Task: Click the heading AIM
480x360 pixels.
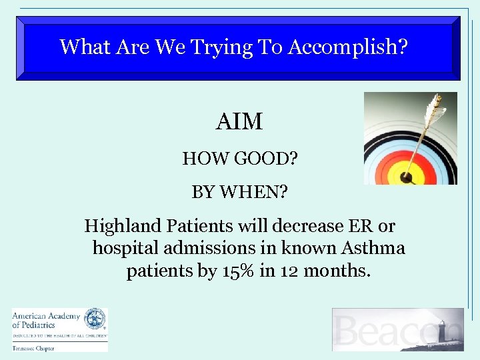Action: (x=239, y=123)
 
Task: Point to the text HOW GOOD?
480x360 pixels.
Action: (x=239, y=159)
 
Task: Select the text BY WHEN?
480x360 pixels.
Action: (x=239, y=193)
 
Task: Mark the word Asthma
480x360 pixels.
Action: (x=373, y=249)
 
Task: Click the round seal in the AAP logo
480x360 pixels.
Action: (x=95, y=319)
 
